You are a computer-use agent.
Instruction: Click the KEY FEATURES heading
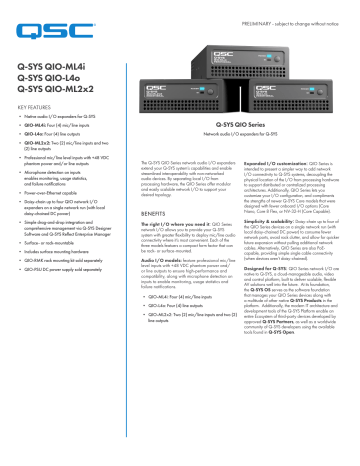[36, 105]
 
